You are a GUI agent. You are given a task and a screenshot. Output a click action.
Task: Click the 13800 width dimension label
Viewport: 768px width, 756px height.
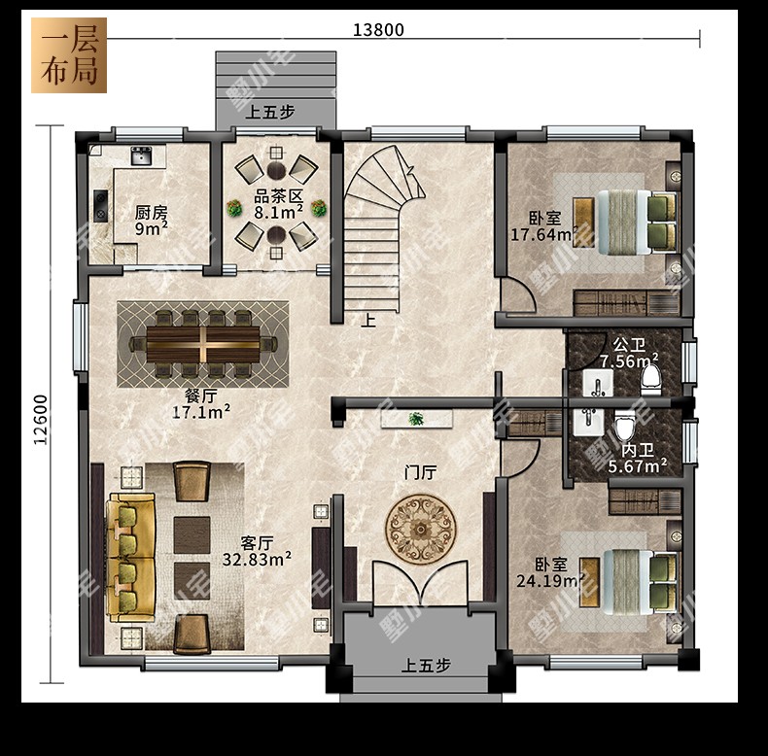coord(378,30)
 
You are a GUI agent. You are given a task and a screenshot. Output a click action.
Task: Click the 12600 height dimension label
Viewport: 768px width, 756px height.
coord(41,420)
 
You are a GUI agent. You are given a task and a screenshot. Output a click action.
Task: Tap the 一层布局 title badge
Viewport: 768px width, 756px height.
coord(69,55)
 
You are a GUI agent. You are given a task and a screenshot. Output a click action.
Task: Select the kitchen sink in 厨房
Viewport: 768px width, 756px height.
coord(141,156)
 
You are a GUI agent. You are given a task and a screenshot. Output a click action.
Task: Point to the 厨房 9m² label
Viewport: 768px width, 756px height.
coord(152,221)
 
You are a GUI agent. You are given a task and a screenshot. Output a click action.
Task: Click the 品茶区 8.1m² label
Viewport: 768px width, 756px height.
coord(278,204)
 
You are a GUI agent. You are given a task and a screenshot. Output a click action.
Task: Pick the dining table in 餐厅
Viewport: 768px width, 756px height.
coord(203,344)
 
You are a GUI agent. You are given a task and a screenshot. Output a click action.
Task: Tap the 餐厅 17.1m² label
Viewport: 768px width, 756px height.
coord(201,404)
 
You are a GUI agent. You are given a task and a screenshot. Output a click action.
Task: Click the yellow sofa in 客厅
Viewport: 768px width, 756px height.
coord(131,557)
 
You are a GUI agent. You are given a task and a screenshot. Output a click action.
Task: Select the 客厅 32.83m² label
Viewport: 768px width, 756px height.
coord(257,551)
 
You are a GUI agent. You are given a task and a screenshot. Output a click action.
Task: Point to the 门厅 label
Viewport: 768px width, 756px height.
coord(420,473)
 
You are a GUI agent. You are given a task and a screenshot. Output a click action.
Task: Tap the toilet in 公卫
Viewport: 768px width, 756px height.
coord(651,381)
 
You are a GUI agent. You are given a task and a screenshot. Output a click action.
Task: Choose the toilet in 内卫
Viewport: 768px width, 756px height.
coord(624,425)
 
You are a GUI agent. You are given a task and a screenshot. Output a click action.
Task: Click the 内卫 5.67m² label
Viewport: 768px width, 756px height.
coord(637,459)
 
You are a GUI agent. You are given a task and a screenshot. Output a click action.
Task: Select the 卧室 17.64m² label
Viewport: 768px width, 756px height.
coord(543,226)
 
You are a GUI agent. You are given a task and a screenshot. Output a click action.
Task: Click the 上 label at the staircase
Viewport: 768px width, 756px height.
coord(368,321)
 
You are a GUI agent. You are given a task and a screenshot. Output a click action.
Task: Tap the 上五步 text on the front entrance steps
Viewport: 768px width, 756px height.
coord(426,666)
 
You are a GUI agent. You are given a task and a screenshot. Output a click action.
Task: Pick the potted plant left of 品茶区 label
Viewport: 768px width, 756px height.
coord(234,208)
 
